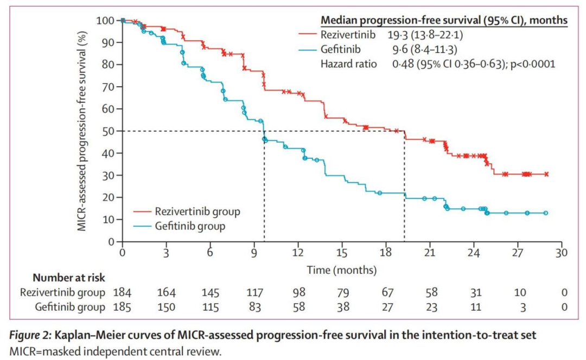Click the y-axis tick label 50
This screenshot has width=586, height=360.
point(110,131)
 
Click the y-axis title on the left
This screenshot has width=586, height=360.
point(82,131)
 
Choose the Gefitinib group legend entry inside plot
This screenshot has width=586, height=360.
point(190,226)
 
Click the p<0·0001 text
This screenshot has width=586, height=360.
point(530,64)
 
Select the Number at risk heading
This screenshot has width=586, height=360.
point(68,278)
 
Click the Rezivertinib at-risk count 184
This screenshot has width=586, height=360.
point(122,293)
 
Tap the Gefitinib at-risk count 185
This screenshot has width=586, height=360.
point(122,307)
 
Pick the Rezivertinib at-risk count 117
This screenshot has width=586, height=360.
point(254,293)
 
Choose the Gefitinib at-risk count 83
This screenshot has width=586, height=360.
point(254,307)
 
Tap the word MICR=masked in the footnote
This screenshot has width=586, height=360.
point(52,351)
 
